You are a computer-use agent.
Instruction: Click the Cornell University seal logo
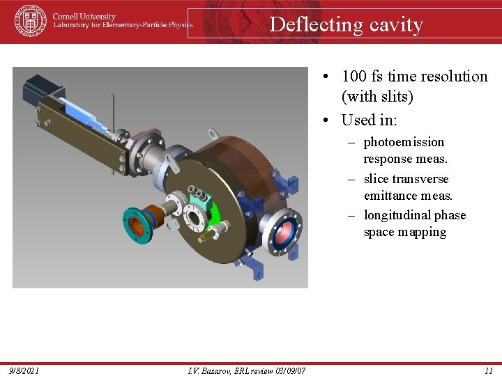point(30,21)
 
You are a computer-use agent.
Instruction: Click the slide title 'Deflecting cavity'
point(346,24)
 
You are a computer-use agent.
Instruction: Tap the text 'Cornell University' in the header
point(84,16)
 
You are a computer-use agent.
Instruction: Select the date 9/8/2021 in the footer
point(24,370)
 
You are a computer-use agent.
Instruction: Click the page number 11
point(488,370)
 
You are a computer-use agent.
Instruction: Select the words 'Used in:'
point(369,120)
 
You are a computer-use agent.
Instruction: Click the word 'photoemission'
point(404,142)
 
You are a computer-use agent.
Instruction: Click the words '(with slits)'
point(377,96)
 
